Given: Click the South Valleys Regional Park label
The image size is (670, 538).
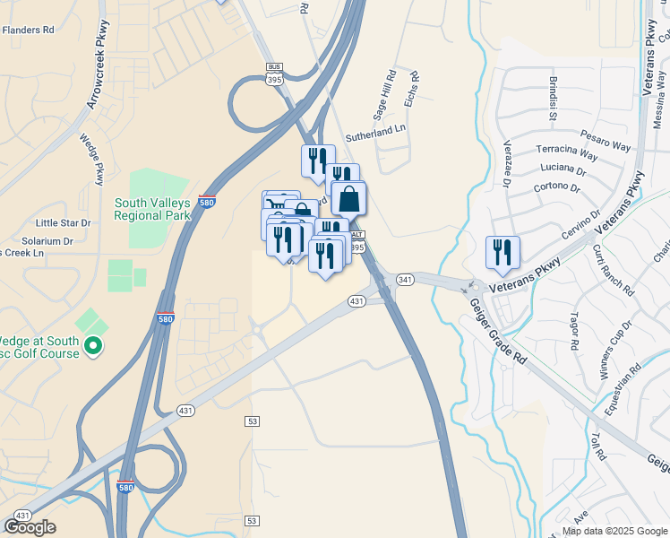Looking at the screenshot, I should pyautogui.click(x=152, y=210).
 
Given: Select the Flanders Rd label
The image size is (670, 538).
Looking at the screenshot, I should pyautogui.click(x=28, y=30).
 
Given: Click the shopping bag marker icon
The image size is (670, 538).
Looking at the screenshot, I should pyautogui.click(x=349, y=197).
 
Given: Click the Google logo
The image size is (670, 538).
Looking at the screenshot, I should pyautogui.click(x=30, y=527).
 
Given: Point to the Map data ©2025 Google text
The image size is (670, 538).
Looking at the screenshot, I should pyautogui.click(x=615, y=531).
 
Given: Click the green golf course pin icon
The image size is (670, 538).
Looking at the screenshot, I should pyautogui.click(x=93, y=345).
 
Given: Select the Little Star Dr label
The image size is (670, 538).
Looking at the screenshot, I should pyautogui.click(x=63, y=222).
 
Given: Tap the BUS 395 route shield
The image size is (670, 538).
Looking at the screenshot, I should pyautogui.click(x=274, y=74).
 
